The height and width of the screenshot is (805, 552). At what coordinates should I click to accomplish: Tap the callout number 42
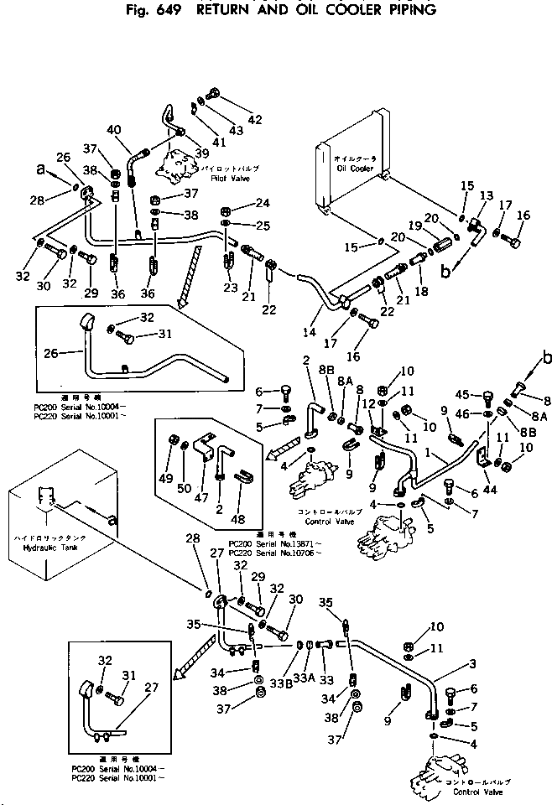click(255, 119)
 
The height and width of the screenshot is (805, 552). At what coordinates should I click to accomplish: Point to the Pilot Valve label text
click(218, 179)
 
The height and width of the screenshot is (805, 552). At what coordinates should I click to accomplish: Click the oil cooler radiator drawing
click(350, 177)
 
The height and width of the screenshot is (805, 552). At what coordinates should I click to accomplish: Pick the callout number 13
click(485, 195)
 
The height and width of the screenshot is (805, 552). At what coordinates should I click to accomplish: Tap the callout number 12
click(368, 404)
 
